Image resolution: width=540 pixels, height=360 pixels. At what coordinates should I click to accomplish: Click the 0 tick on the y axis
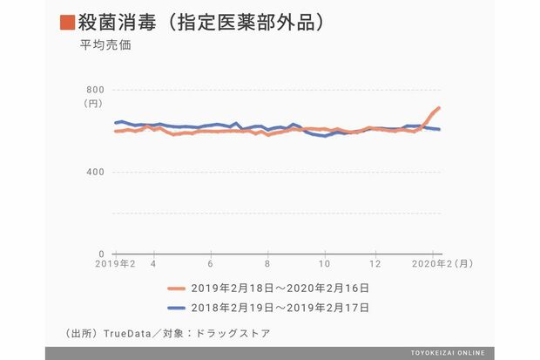(101, 254)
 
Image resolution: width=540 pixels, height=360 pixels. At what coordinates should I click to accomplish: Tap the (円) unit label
(92, 104)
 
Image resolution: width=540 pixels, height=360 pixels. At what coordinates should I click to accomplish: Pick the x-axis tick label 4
(153, 264)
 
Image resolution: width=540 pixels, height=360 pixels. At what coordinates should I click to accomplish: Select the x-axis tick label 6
(211, 264)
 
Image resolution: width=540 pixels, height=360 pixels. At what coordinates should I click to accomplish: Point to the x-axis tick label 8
(267, 264)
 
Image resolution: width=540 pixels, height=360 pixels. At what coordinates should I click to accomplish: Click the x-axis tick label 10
(324, 264)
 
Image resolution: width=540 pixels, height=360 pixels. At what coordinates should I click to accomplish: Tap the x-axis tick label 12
(375, 264)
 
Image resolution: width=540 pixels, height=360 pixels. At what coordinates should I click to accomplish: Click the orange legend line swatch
(177, 287)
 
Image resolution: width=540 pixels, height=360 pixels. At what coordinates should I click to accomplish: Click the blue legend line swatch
(177, 307)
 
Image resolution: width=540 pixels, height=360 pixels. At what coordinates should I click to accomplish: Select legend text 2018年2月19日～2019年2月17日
(280, 307)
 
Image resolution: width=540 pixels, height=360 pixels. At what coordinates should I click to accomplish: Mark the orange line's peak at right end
(439, 108)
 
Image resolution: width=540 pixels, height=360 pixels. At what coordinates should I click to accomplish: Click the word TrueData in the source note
(128, 333)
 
